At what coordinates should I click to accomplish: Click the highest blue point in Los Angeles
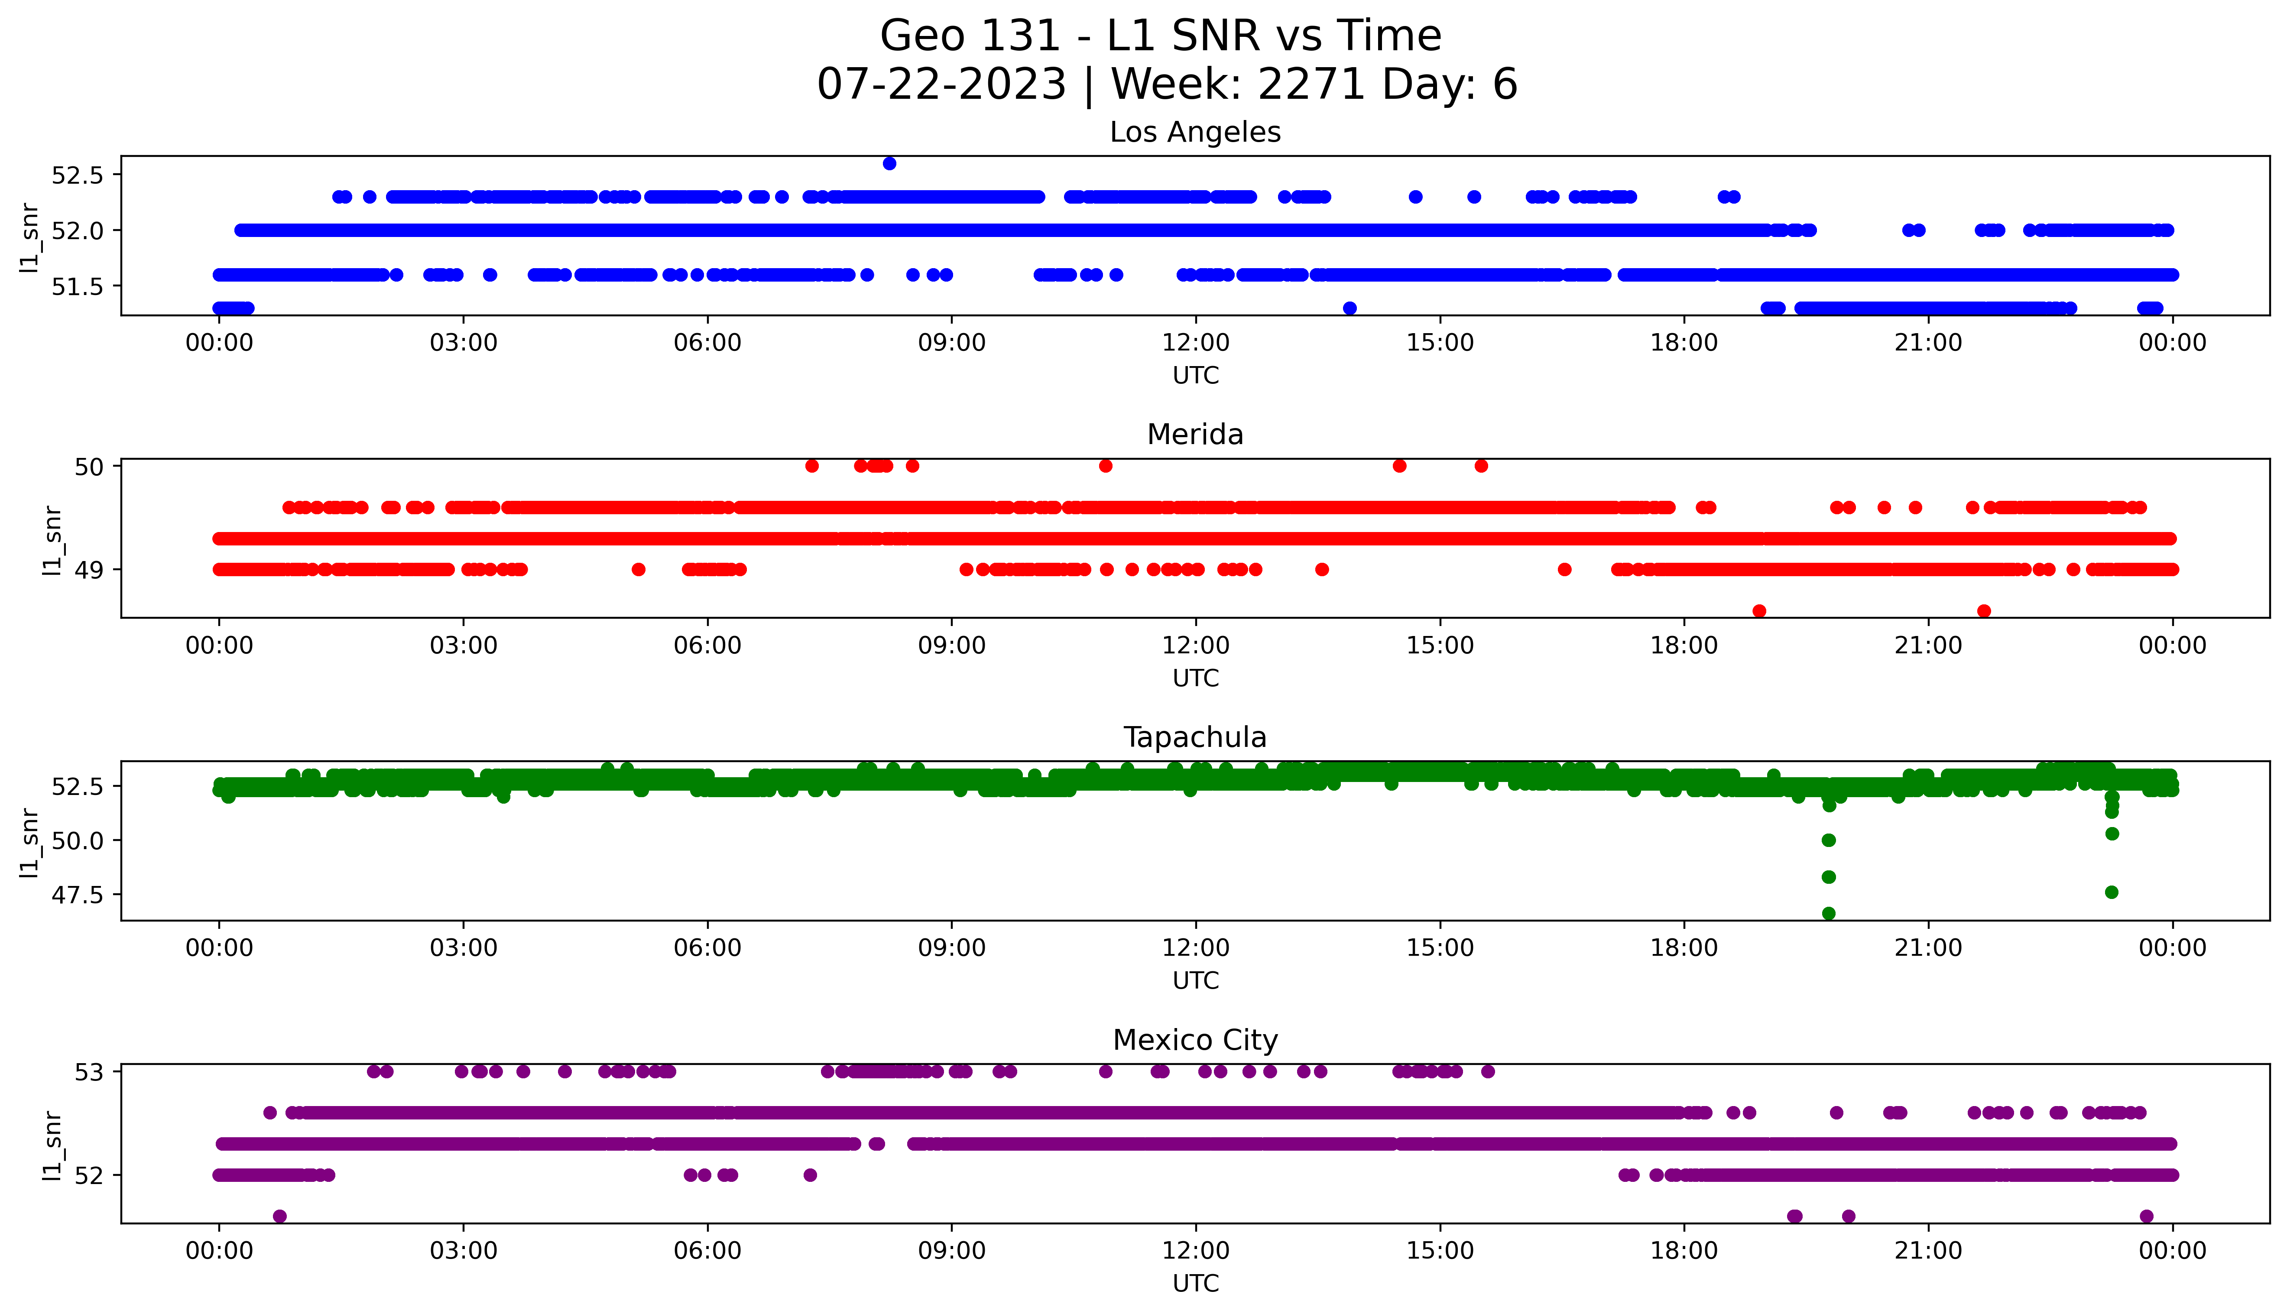[x=889, y=163]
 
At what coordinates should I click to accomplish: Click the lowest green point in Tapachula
[x=1829, y=913]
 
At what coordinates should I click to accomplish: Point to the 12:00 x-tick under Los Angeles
[x=1195, y=343]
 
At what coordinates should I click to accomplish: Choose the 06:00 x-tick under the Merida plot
[x=707, y=645]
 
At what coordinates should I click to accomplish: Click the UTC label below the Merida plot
[x=1195, y=678]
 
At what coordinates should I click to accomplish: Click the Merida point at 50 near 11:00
[x=1105, y=466]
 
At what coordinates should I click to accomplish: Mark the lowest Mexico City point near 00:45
[x=280, y=1216]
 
